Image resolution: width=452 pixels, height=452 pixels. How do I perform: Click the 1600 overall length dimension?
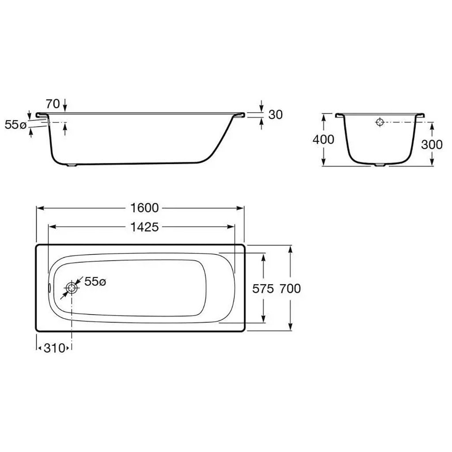(x=145, y=208)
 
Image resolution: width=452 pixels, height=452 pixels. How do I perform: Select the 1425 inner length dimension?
(x=145, y=227)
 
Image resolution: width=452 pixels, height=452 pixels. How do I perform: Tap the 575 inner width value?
(x=263, y=288)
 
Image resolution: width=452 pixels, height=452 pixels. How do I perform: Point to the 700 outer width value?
(x=290, y=288)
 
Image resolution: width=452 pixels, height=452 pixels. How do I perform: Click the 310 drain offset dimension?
(x=54, y=348)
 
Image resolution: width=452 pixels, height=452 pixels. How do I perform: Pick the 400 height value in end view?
(x=324, y=139)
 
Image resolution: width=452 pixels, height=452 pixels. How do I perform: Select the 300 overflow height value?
(x=432, y=144)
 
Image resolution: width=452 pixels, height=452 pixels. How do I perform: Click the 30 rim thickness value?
(x=275, y=115)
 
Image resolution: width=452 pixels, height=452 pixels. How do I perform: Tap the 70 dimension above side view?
(x=53, y=103)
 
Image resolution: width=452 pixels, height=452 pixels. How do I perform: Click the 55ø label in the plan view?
(x=95, y=282)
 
